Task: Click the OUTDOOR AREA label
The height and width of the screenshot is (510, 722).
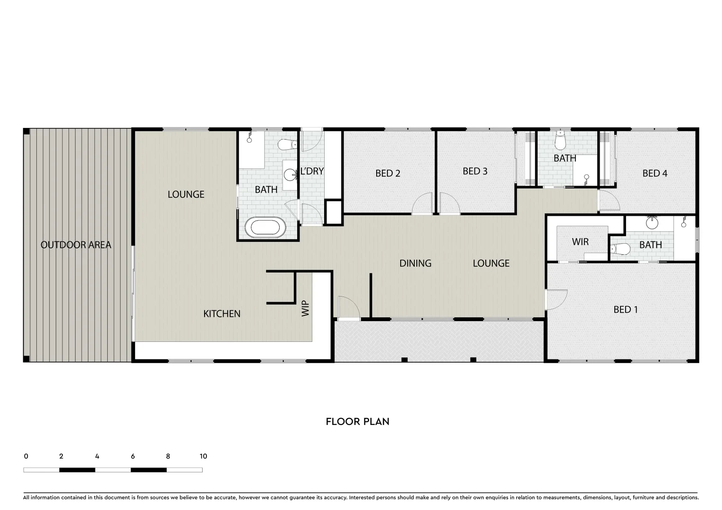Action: tap(76, 245)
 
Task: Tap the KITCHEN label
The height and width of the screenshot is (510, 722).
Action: tap(222, 314)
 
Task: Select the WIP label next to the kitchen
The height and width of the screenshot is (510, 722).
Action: tap(305, 308)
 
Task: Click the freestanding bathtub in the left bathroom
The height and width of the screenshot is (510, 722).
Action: tap(267, 227)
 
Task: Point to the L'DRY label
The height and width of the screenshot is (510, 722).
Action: tap(312, 171)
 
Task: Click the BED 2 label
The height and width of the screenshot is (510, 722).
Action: tap(387, 173)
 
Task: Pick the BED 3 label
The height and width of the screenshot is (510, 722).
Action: tap(475, 171)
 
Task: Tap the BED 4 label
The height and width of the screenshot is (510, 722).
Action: tap(654, 173)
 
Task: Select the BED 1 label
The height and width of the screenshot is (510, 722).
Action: tap(626, 309)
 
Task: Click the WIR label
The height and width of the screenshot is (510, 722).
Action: tap(580, 242)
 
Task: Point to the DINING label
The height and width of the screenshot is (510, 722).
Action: tap(415, 263)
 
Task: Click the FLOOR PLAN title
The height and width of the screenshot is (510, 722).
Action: tap(357, 421)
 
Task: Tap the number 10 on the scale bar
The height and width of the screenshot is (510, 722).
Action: tap(203, 456)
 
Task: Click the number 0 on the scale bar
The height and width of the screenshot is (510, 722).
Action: tap(26, 456)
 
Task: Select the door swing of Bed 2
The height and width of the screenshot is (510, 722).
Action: tap(422, 204)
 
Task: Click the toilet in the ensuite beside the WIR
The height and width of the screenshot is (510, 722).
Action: tap(619, 248)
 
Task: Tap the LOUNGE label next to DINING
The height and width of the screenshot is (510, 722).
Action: tap(491, 263)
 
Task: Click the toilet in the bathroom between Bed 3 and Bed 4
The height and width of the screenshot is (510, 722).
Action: tap(560, 140)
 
